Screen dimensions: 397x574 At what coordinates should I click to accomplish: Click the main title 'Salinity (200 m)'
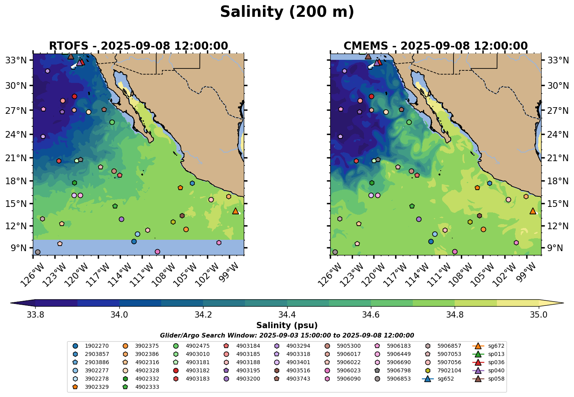click(287, 12)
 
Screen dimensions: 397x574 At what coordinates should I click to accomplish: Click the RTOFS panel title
click(138, 46)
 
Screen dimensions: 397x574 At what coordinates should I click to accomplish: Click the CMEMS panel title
click(435, 46)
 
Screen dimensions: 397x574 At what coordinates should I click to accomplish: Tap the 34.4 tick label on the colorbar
click(287, 315)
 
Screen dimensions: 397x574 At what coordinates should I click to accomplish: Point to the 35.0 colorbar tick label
click(539, 315)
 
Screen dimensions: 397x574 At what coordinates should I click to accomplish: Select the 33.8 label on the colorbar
click(35, 315)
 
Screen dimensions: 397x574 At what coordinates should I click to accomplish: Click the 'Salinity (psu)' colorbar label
click(287, 325)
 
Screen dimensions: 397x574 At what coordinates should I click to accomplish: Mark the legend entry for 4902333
click(147, 387)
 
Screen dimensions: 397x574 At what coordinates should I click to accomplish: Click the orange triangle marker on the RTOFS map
click(236, 211)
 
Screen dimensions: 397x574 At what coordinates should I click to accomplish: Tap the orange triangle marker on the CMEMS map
click(533, 211)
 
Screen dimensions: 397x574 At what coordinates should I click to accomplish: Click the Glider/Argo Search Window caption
click(287, 336)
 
